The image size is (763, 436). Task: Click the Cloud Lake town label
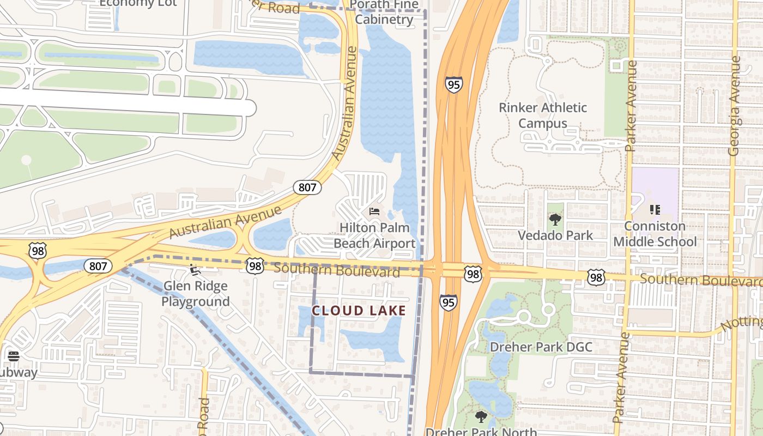pyautogui.click(x=359, y=311)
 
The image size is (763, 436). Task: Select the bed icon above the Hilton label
pyautogui.click(x=374, y=211)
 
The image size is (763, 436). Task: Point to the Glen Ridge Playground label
pyautogui.click(x=195, y=293)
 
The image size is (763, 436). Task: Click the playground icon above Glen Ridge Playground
pyautogui.click(x=194, y=269)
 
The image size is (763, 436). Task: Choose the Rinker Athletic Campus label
pyautogui.click(x=543, y=116)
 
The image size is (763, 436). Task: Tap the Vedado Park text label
pyautogui.click(x=555, y=235)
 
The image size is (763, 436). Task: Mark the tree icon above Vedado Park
pyautogui.click(x=555, y=220)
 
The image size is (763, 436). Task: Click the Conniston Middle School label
pyautogui.click(x=655, y=233)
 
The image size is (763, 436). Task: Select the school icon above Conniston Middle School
pyautogui.click(x=655, y=209)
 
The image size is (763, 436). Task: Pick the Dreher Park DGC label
pyautogui.click(x=541, y=347)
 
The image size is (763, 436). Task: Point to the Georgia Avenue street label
pyautogui.click(x=734, y=106)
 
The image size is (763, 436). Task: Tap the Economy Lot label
pyautogui.click(x=138, y=3)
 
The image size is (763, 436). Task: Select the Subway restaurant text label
pyautogui.click(x=16, y=372)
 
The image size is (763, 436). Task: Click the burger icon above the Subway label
pyautogui.click(x=14, y=356)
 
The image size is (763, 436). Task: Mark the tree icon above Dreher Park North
pyautogui.click(x=481, y=417)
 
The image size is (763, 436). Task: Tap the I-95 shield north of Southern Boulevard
pyautogui.click(x=453, y=84)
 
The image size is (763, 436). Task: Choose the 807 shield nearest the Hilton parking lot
pyautogui.click(x=307, y=187)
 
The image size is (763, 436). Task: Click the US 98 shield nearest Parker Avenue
pyautogui.click(x=596, y=278)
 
